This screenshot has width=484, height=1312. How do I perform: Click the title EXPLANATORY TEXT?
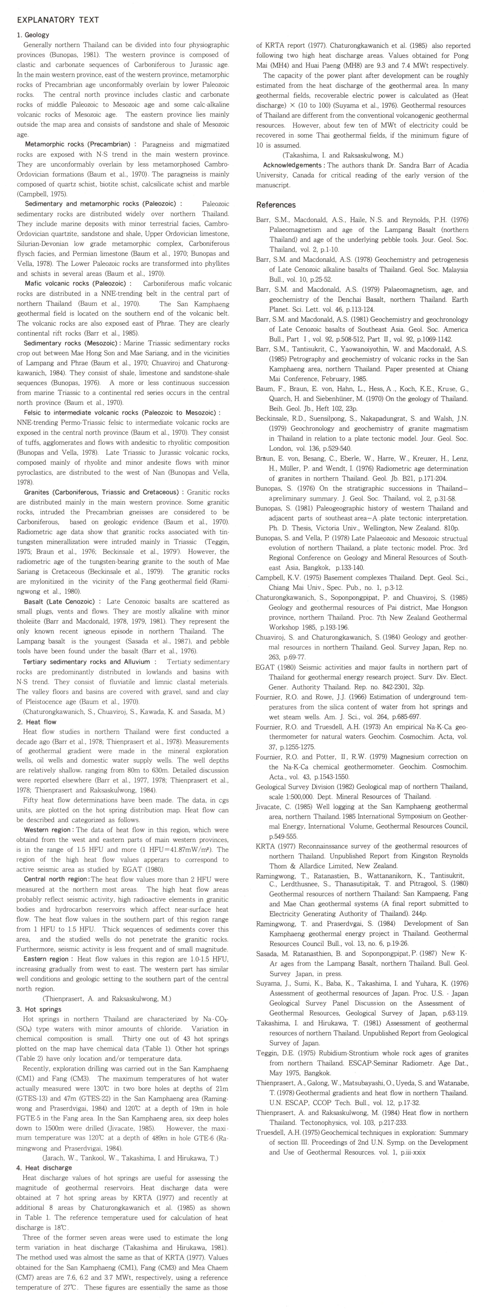tap(58, 20)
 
